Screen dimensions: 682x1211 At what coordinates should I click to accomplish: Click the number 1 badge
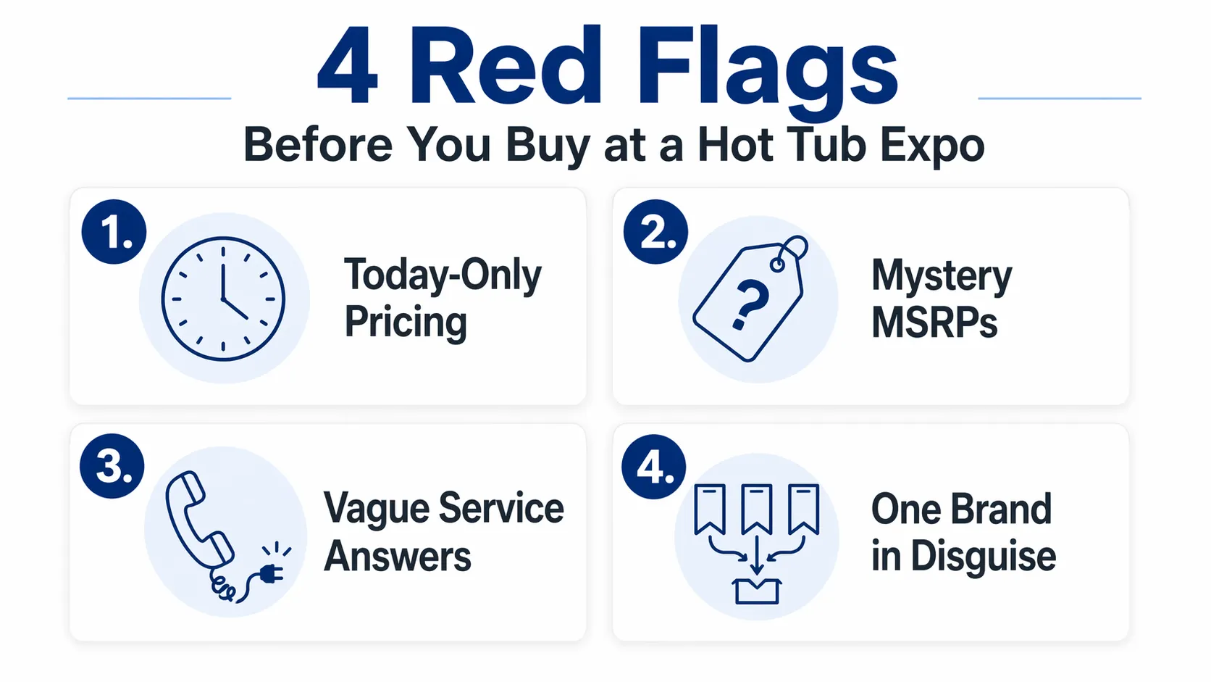click(114, 233)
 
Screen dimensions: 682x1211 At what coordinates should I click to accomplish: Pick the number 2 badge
click(655, 233)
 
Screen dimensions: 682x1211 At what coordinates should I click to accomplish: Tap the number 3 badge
click(112, 466)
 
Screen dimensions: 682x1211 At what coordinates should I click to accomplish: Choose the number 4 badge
click(654, 467)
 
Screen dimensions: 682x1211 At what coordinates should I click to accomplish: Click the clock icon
click(223, 299)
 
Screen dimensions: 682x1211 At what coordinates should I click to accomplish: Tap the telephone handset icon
click(197, 519)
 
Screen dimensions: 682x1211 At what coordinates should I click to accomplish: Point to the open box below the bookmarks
click(757, 591)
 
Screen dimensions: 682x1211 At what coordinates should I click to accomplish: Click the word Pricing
click(406, 323)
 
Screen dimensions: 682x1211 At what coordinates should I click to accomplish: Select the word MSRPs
click(934, 323)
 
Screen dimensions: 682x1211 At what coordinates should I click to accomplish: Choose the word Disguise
click(983, 557)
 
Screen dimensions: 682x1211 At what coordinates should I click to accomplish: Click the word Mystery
click(942, 276)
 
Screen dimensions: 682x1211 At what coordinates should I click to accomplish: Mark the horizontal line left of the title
click(149, 98)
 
